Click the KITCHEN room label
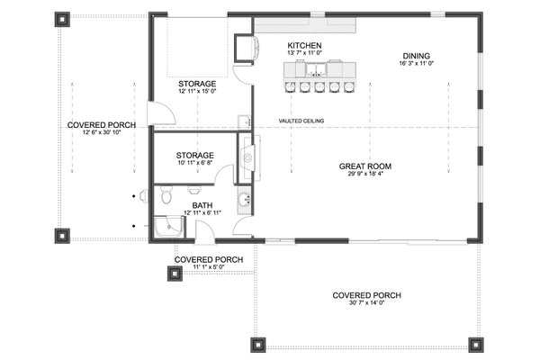pyautogui.click(x=304, y=45)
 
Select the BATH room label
pyautogui.click(x=202, y=205)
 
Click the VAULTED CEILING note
pyautogui.click(x=301, y=121)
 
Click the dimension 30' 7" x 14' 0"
pyautogui.click(x=365, y=303)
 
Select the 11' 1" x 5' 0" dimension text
pyautogui.click(x=208, y=267)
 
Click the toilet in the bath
pyautogui.click(x=165, y=196)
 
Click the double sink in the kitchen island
pyautogui.click(x=318, y=68)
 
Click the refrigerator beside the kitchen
pyautogui.click(x=243, y=46)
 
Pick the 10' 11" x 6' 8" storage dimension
pyautogui.click(x=194, y=163)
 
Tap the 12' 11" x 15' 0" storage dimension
pyautogui.click(x=196, y=92)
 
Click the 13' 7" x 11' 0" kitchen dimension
pyautogui.click(x=304, y=54)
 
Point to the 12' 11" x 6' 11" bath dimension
pyautogui.click(x=202, y=213)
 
